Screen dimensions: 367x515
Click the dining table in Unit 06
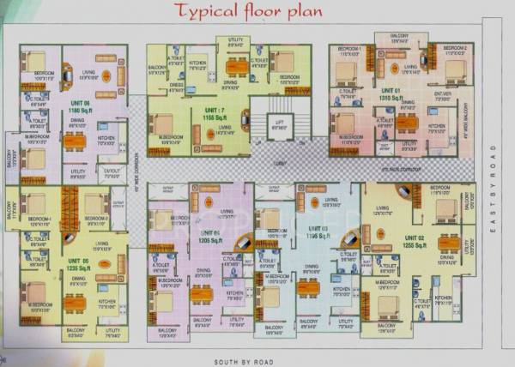click(x=76, y=140)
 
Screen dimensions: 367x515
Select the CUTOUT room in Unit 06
click(x=111, y=170)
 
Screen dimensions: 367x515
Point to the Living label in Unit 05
click(x=104, y=244)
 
